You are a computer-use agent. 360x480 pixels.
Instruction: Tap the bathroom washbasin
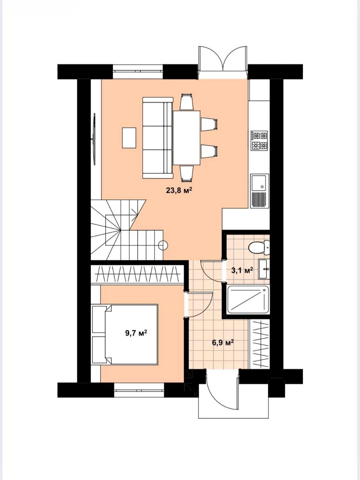[x=264, y=269]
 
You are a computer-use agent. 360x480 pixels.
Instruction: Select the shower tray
[x=248, y=299]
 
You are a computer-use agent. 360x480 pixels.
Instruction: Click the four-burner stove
[x=259, y=141]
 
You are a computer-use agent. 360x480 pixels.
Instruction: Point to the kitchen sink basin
[x=259, y=182]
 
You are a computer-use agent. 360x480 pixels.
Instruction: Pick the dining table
[x=187, y=138]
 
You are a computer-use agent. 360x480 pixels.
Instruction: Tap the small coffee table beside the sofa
[x=129, y=138]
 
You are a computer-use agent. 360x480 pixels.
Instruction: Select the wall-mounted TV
[x=94, y=139]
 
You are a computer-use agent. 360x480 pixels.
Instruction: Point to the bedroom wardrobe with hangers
[x=137, y=274]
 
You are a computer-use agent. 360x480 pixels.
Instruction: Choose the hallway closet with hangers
[x=259, y=344]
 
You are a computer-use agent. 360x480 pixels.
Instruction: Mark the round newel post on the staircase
[x=163, y=245]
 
